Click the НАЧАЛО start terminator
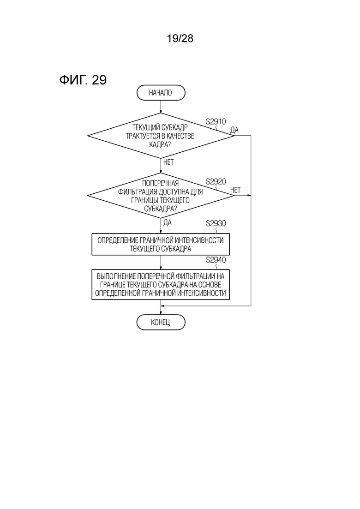[x=161, y=93]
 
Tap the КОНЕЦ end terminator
[x=161, y=323]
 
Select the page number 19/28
[x=180, y=38]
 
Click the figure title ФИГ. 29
[x=83, y=79]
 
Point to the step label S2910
[x=216, y=122]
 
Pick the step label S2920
[x=216, y=182]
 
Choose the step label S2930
[x=216, y=224]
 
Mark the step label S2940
[x=216, y=260]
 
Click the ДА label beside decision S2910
[x=234, y=130]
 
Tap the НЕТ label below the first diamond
[x=168, y=162]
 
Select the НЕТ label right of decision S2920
[x=235, y=190]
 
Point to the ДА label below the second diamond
[x=168, y=223]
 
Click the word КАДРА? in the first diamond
[x=160, y=144]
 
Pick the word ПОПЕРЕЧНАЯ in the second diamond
[x=160, y=183]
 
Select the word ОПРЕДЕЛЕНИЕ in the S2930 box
[x=118, y=240]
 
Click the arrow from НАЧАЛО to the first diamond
[x=161, y=107]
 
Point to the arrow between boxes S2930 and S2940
[x=161, y=262]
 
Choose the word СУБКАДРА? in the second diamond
[x=160, y=209]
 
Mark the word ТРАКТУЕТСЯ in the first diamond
[x=142, y=136]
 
